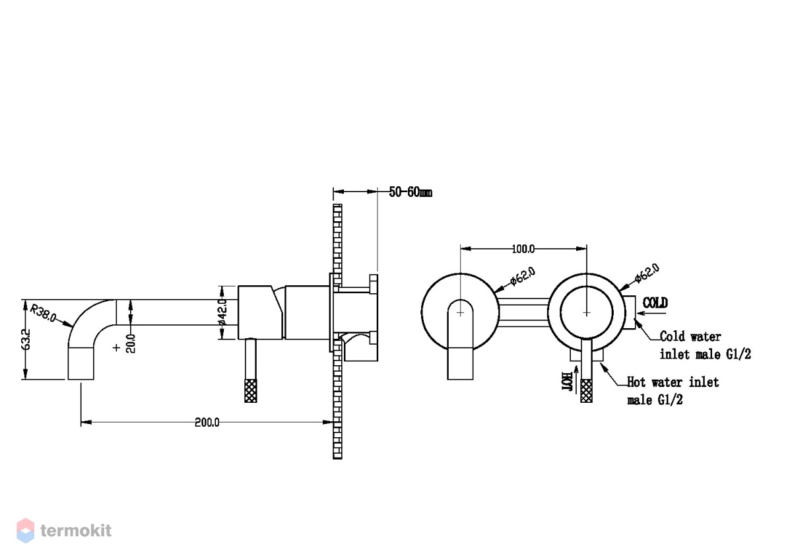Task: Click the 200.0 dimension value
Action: [207, 423]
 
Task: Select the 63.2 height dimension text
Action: [26, 339]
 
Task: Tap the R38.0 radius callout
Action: [43, 314]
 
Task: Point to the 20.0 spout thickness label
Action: [131, 343]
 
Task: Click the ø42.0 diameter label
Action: [222, 312]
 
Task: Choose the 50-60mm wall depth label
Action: [411, 192]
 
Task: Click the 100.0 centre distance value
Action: [523, 250]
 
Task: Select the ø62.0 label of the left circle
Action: [523, 276]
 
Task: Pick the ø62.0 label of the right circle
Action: [647, 273]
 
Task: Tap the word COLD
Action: [655, 303]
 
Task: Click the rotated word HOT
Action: [567, 382]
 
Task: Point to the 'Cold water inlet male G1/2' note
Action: [706, 345]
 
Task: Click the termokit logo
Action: [64, 531]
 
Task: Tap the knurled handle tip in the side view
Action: [251, 390]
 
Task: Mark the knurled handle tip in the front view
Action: [586, 390]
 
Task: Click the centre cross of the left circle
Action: [460, 313]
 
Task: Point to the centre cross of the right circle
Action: [587, 313]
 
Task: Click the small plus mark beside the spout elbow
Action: [116, 348]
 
